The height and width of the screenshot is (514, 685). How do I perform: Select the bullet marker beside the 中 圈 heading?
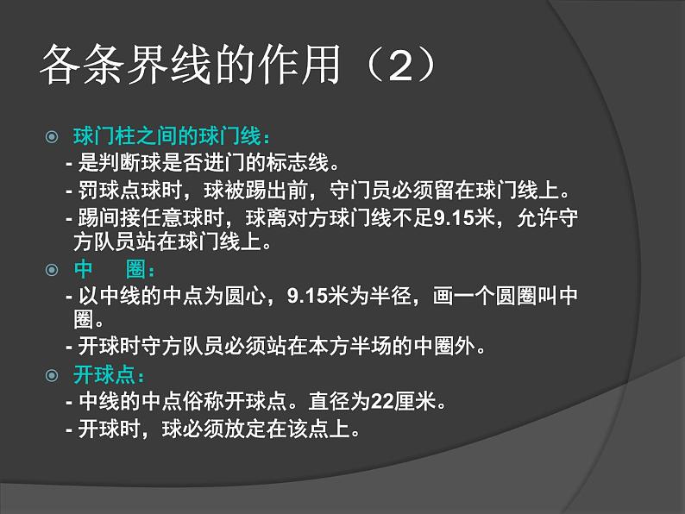click(x=51, y=270)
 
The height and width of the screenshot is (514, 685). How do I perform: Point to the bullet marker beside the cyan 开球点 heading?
click(x=51, y=375)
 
